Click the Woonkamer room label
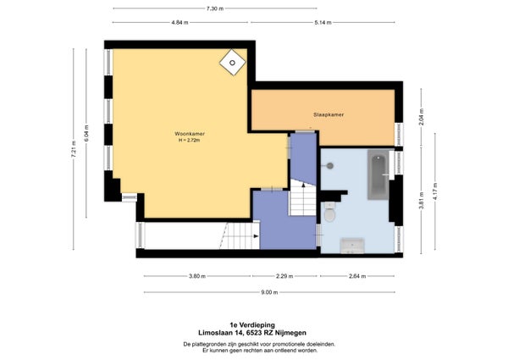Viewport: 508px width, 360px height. coord(190,134)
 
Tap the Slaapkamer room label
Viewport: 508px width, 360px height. coord(329,114)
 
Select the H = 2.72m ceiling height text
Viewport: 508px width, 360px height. coord(189,141)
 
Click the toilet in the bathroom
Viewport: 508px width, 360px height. coord(329,212)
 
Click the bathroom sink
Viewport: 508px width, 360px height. coord(352,246)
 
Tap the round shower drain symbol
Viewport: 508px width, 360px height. coord(330,166)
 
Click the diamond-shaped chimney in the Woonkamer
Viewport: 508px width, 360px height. coord(233,63)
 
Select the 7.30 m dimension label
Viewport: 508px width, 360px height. coord(215,8)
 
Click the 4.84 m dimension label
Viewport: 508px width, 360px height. coord(179,23)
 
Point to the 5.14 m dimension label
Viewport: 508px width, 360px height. coord(323,23)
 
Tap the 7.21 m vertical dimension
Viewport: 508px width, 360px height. coord(74,149)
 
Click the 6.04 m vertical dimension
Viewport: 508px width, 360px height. coord(86,133)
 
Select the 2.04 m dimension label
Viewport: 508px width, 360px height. coord(422,117)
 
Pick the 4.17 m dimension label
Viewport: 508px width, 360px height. coord(435,191)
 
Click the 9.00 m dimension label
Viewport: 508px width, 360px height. coord(269,292)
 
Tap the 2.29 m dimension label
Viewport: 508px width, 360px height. coord(284,276)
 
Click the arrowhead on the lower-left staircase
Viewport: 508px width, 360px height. coord(256,236)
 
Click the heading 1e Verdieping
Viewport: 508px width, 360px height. coord(252,325)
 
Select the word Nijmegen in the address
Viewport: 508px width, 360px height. coord(293,333)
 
